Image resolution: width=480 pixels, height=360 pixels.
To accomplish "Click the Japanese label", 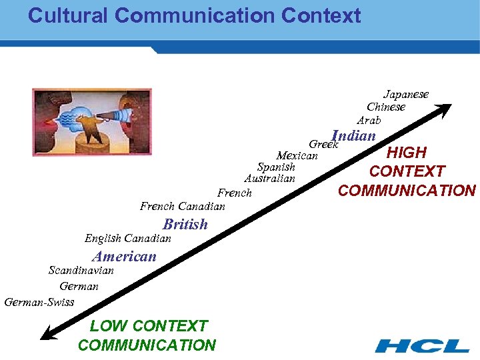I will point(405,95).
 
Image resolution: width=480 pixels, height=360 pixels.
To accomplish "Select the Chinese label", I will point(386,107).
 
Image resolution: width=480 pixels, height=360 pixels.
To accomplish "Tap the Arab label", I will point(369,121).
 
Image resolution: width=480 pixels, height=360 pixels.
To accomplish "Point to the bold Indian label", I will point(354,136).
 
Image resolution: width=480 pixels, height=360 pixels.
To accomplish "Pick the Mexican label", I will point(297,156).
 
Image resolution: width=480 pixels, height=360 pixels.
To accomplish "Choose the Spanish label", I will point(276,167).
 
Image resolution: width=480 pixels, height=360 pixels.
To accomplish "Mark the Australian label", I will point(269,179).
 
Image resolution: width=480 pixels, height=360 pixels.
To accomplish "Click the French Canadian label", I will point(182,207).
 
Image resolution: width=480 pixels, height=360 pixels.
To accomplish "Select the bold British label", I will point(185,224).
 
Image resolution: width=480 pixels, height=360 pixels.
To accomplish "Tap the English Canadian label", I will point(127,239).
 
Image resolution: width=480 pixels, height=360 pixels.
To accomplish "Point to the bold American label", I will point(125,256).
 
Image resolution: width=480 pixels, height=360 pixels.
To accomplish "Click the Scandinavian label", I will point(81,271).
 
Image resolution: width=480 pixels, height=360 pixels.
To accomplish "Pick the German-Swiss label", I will point(39,303).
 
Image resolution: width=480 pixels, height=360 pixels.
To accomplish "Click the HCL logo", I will point(421,346).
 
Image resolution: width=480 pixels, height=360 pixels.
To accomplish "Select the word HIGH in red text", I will point(407,153).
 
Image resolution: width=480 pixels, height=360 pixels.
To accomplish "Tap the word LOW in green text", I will point(107,326).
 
